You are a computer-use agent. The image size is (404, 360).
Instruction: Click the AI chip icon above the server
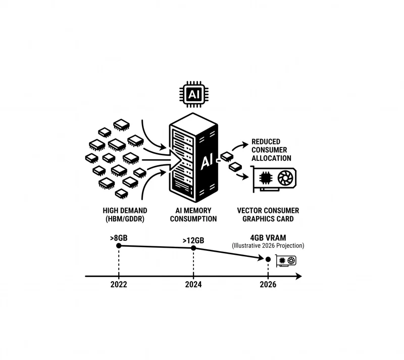tap(194, 95)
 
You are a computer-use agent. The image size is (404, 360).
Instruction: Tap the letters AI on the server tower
tap(207, 162)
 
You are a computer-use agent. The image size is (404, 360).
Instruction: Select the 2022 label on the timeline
tap(119, 285)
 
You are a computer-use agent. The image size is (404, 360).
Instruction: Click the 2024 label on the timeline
tap(193, 285)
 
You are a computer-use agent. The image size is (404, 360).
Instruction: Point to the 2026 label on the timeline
tap(268, 285)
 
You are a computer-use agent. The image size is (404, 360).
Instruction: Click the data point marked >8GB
tap(119, 246)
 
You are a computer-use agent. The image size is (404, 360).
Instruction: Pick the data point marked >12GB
tap(193, 248)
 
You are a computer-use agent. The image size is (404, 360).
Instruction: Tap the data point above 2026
tap(268, 259)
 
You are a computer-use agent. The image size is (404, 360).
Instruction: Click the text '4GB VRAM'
tap(268, 238)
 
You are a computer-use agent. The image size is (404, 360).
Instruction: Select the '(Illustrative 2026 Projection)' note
tap(268, 246)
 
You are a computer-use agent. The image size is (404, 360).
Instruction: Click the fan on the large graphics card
tap(285, 178)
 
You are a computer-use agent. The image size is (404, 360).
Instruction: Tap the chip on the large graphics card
tap(266, 178)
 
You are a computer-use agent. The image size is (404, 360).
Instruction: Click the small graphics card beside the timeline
tap(286, 261)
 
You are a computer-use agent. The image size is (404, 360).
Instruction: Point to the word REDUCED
tap(266, 142)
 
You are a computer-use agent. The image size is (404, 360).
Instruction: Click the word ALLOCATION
tap(271, 158)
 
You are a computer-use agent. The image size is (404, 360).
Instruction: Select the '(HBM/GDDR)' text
tap(125, 219)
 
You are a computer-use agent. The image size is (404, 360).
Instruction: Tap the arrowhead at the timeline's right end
tap(299, 276)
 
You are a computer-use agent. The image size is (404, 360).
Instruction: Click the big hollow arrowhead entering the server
tap(175, 160)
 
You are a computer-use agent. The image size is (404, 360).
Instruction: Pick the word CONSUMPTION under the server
tap(193, 219)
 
